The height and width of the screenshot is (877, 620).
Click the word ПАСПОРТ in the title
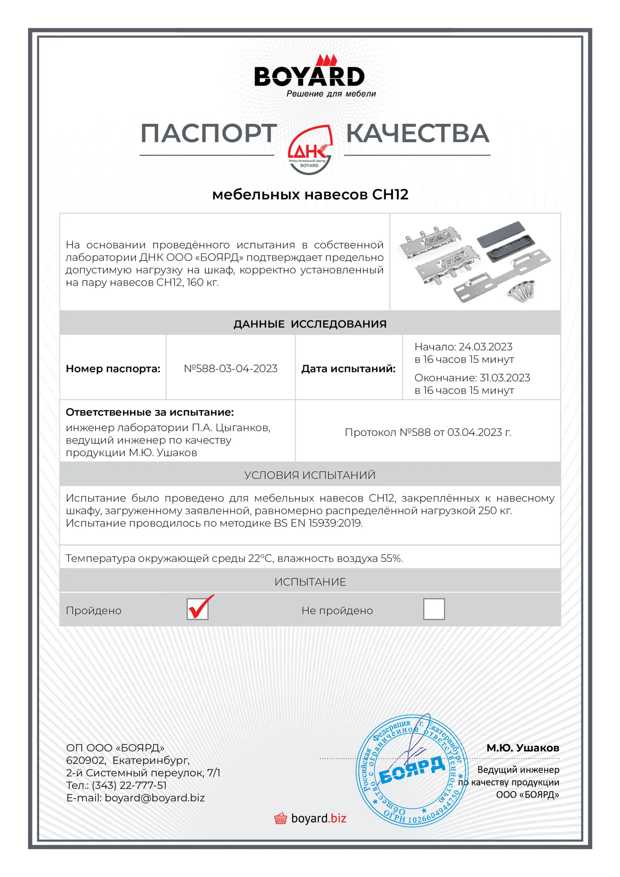point(209,134)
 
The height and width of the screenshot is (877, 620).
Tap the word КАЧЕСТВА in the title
point(418,134)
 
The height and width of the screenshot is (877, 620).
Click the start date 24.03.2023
point(485,347)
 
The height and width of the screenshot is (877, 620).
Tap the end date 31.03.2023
point(505,378)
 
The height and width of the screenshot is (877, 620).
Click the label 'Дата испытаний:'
point(348,369)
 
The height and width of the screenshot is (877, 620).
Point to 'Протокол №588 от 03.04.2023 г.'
point(428,432)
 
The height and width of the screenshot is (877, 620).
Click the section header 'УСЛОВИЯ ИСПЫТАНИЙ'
point(310,475)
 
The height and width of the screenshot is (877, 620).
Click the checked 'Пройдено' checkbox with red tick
point(198,609)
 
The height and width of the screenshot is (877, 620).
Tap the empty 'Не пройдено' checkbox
point(434,609)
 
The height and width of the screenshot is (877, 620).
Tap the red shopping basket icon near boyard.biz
point(281,818)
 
